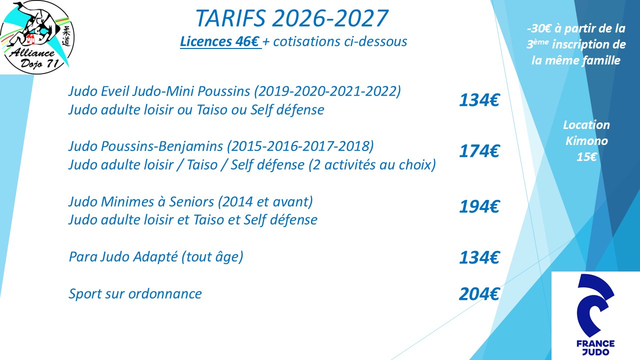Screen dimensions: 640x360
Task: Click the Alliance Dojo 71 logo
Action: click(37, 37)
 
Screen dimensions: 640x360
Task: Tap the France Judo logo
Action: click(595, 315)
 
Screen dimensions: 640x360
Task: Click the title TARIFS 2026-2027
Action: click(291, 18)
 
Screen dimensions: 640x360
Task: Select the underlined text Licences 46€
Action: click(220, 41)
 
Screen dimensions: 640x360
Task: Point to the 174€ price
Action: click(479, 151)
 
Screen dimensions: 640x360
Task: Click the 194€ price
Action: click(479, 206)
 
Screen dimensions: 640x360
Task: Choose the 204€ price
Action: click(479, 294)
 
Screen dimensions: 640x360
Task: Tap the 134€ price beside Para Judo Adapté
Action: click(479, 257)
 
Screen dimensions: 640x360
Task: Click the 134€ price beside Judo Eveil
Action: click(479, 100)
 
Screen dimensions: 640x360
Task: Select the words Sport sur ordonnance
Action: click(135, 293)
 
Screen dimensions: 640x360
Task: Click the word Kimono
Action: click(586, 141)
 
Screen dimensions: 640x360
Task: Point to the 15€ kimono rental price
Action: click(586, 157)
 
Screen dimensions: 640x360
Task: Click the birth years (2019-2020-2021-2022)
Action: click(327, 91)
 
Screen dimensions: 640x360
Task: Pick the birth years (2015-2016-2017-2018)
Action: click(300, 146)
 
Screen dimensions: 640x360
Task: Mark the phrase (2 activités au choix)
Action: click(372, 165)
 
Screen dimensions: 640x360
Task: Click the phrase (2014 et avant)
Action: click(265, 201)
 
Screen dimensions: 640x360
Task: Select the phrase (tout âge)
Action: click(212, 256)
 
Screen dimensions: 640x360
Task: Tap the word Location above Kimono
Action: click(586, 125)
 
